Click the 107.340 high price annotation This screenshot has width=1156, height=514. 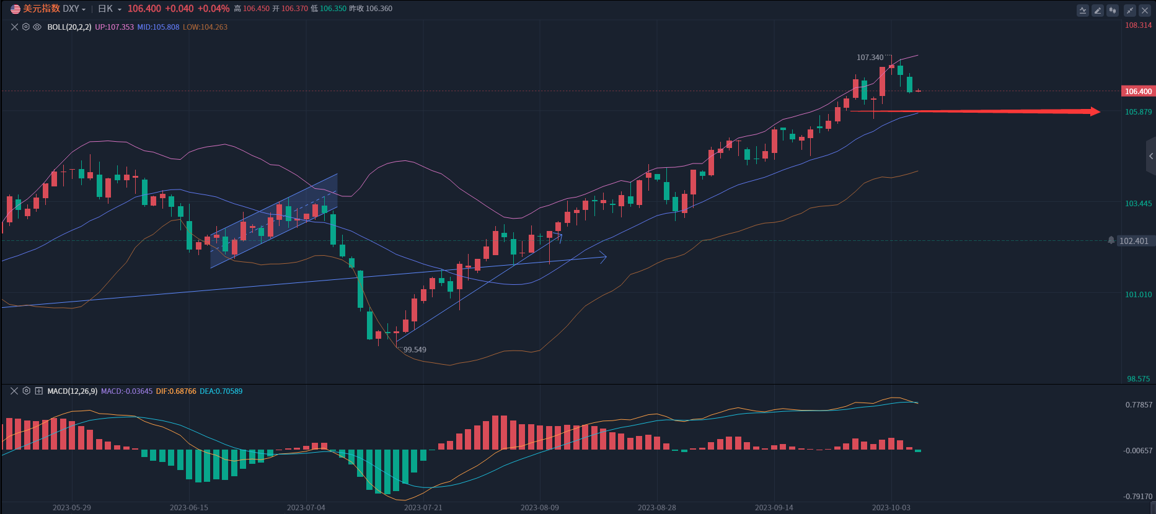pyautogui.click(x=870, y=58)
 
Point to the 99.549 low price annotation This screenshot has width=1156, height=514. pyautogui.click(x=415, y=350)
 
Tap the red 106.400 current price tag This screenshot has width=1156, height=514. pyautogui.click(x=1138, y=92)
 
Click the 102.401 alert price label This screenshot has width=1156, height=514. pyautogui.click(x=1133, y=241)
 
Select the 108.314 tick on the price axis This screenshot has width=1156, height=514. pyautogui.click(x=1138, y=25)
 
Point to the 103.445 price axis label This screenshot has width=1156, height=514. pyautogui.click(x=1138, y=204)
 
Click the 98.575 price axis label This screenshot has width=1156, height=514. pyautogui.click(x=1138, y=379)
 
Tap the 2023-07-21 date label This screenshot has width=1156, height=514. pyautogui.click(x=423, y=508)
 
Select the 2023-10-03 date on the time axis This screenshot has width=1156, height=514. pyautogui.click(x=891, y=508)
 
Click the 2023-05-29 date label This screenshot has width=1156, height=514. pyautogui.click(x=72, y=508)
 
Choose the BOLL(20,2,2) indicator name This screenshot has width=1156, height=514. pyautogui.click(x=69, y=27)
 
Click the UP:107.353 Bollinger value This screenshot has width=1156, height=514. pyautogui.click(x=114, y=27)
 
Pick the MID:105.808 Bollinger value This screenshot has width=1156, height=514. pyautogui.click(x=158, y=27)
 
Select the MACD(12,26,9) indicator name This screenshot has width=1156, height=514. pyautogui.click(x=72, y=391)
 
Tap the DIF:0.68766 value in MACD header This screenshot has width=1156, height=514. pyautogui.click(x=176, y=391)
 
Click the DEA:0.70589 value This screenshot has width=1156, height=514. pyautogui.click(x=221, y=391)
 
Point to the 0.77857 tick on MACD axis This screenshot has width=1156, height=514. pyautogui.click(x=1139, y=405)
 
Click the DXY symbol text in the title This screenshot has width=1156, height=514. pyautogui.click(x=71, y=9)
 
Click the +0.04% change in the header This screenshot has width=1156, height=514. pyautogui.click(x=213, y=9)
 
